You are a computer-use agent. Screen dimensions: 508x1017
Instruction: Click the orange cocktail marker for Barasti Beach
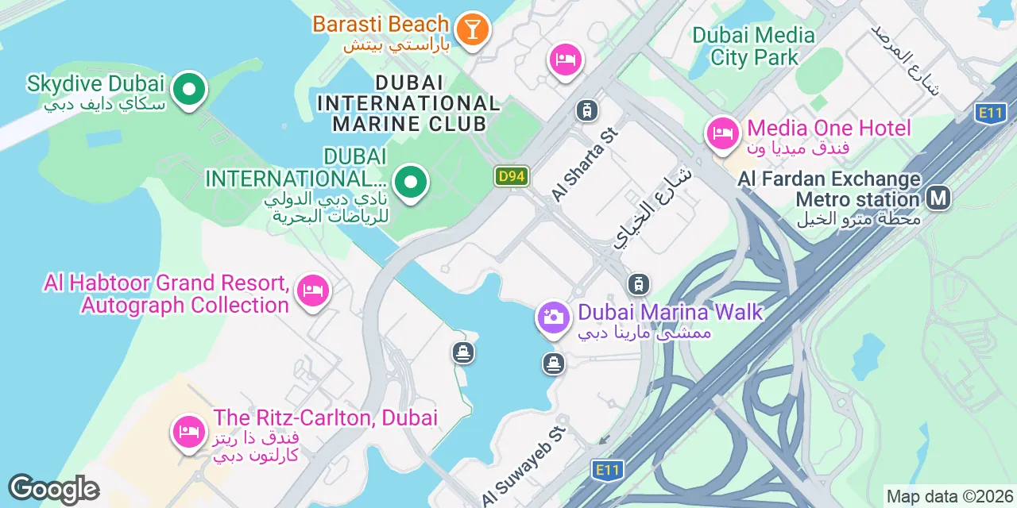click(x=473, y=30)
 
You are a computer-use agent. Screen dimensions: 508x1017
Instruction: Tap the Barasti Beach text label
click(x=381, y=24)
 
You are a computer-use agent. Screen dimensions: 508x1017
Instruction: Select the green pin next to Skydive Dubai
click(x=188, y=90)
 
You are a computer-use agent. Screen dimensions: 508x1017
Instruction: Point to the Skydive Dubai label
click(x=95, y=83)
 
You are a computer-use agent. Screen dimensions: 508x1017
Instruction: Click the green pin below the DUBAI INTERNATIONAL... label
click(x=410, y=183)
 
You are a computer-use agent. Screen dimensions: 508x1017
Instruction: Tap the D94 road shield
click(x=511, y=176)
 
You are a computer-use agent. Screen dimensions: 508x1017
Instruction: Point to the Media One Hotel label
click(x=829, y=128)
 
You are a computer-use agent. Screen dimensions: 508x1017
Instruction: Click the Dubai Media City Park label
click(x=754, y=46)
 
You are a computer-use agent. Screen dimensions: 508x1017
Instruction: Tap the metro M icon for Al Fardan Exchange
click(x=938, y=198)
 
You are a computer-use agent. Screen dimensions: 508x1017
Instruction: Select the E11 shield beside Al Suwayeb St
click(x=606, y=470)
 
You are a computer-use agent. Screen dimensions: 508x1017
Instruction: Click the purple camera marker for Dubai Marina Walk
click(x=553, y=317)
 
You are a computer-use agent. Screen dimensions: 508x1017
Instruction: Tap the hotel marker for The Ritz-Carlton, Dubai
click(x=188, y=432)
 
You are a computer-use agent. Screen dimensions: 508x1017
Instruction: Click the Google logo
click(x=53, y=489)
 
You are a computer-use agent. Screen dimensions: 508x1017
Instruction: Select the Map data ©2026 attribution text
click(x=950, y=497)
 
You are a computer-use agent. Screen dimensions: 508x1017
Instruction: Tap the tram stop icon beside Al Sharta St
click(x=586, y=110)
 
